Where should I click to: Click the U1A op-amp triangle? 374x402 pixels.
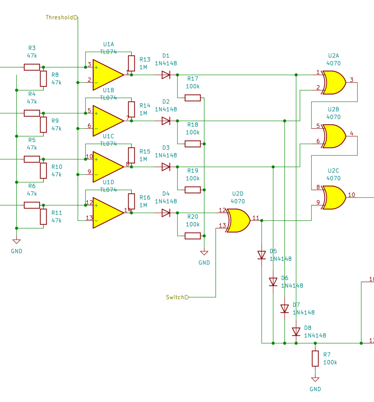pyautogui.click(x=107, y=75)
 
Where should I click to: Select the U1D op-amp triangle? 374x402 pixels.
pyautogui.click(x=107, y=213)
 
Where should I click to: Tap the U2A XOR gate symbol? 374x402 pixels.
pyautogui.click(x=333, y=82)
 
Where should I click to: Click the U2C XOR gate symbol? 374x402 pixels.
pyautogui.click(x=333, y=197)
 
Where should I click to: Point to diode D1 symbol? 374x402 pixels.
pyautogui.click(x=166, y=75)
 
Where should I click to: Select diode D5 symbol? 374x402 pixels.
pyautogui.click(x=262, y=255)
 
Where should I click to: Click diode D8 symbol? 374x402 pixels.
pyautogui.click(x=296, y=332)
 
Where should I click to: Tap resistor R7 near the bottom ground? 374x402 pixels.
pyautogui.click(x=315, y=358)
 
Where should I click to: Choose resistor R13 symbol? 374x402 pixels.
pyautogui.click(x=132, y=63)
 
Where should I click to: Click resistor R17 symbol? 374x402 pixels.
pyautogui.click(x=192, y=98)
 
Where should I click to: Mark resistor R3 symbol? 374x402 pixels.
pyautogui.click(x=32, y=67)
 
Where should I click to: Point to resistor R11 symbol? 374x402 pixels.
pyautogui.click(x=43, y=217)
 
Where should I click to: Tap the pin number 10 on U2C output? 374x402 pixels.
pyautogui.click(x=351, y=195)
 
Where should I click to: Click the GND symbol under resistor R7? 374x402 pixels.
pyautogui.click(x=315, y=380)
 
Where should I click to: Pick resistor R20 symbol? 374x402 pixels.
pyautogui.click(x=192, y=236)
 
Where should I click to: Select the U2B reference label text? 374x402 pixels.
pyautogui.click(x=333, y=109)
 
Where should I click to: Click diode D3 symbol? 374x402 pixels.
pyautogui.click(x=166, y=167)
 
